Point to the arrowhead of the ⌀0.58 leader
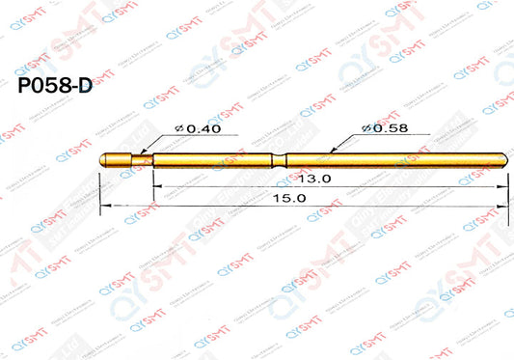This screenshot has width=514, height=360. click(x=333, y=151)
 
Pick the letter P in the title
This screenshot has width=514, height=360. click(x=26, y=85)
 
